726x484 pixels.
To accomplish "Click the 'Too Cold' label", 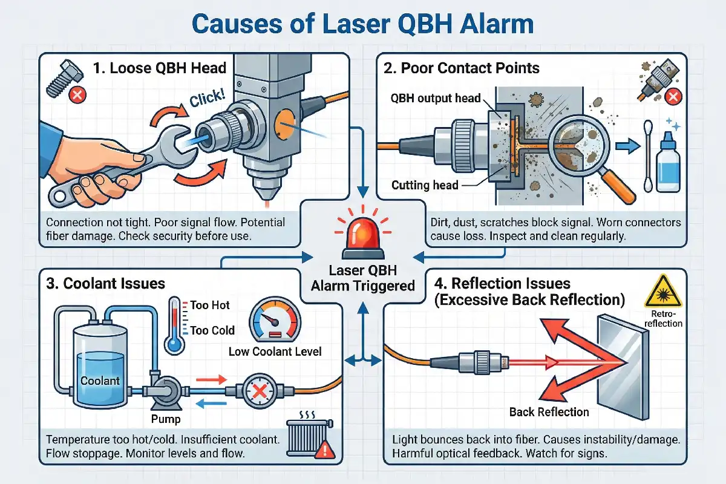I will (212, 330).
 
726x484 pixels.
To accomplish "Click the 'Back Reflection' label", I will (549, 412).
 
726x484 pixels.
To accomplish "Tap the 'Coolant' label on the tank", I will (100, 381).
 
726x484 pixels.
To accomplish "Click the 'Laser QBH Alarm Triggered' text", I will (363, 278).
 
